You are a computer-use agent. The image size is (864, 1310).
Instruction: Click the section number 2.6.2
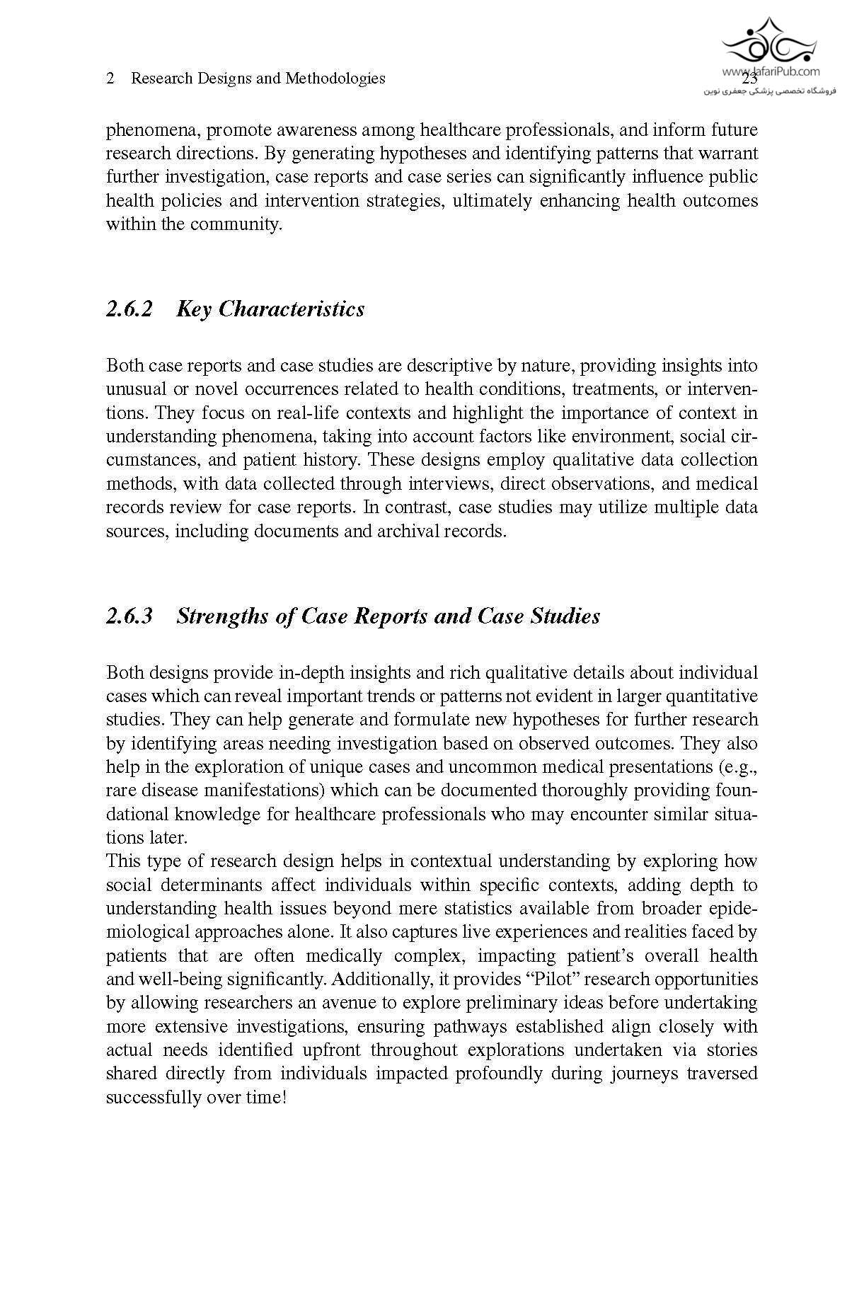click(x=129, y=309)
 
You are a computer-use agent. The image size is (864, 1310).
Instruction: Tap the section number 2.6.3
click(x=129, y=616)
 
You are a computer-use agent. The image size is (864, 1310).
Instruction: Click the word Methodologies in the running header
click(x=335, y=79)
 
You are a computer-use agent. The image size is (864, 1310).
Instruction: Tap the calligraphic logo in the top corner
click(x=768, y=40)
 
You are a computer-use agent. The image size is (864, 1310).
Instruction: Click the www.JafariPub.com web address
click(x=771, y=71)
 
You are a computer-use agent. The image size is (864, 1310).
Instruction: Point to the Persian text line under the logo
click(x=770, y=91)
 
